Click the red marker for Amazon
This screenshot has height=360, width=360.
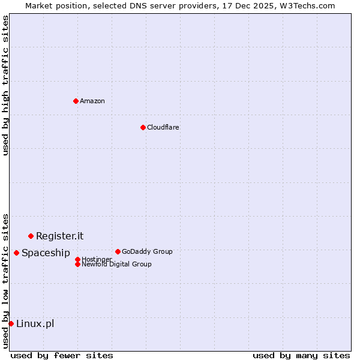click(76, 101)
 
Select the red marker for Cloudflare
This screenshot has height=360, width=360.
click(143, 127)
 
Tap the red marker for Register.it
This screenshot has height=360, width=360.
click(31, 236)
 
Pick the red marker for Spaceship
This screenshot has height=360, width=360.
click(16, 253)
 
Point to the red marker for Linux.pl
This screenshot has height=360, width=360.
click(11, 323)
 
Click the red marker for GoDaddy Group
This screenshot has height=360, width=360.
click(118, 251)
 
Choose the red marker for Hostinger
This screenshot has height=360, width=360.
click(77, 259)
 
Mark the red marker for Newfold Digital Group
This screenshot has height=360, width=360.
click(77, 264)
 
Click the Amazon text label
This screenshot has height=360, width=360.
click(92, 101)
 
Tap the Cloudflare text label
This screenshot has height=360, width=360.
click(163, 127)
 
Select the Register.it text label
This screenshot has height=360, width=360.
click(59, 236)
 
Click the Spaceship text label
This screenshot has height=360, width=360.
click(46, 253)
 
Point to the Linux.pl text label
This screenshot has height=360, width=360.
click(35, 323)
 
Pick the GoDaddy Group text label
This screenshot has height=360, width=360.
click(147, 251)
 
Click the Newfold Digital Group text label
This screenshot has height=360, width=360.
click(116, 264)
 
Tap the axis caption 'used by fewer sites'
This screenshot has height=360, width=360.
click(62, 355)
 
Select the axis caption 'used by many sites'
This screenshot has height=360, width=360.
click(301, 355)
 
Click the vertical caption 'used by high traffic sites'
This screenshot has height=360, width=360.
click(5, 85)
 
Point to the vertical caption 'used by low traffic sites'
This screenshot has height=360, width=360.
click(5, 280)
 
